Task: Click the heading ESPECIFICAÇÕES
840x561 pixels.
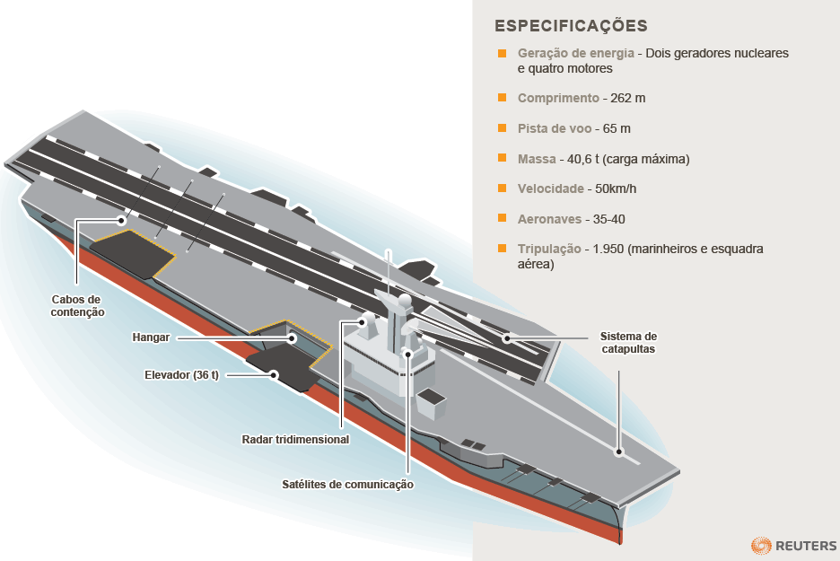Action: click(571, 25)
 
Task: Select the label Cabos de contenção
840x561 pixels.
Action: click(78, 305)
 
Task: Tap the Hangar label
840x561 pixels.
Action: click(150, 338)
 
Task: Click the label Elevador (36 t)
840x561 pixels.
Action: click(181, 374)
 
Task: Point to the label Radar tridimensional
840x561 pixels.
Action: click(295, 440)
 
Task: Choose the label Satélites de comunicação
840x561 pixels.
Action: click(347, 485)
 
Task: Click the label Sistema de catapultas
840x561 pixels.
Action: click(628, 342)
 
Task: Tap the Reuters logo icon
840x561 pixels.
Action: click(761, 545)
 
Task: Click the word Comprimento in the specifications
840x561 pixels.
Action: click(558, 98)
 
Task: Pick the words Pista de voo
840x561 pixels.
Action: click(553, 128)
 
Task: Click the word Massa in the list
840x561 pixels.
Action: click(537, 159)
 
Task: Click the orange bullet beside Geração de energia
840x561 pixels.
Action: click(503, 53)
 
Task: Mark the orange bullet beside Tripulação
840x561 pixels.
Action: click(503, 249)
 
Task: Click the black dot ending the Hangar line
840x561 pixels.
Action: click(292, 338)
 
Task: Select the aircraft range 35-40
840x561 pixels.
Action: click(609, 219)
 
